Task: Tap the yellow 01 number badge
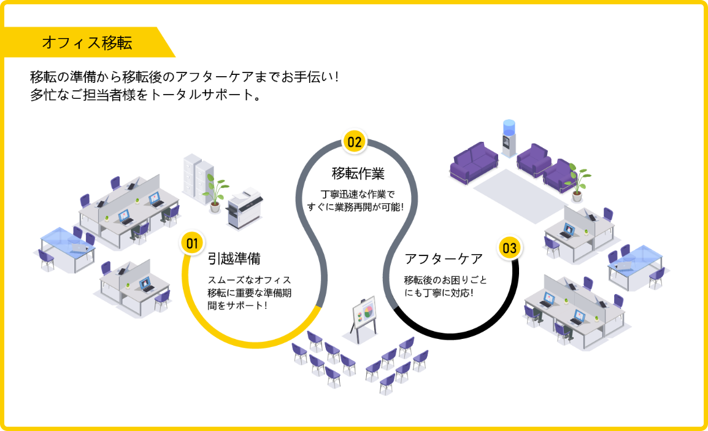point(192,244)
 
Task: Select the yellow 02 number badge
point(355,142)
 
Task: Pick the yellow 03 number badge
point(509,248)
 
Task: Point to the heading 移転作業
point(358,173)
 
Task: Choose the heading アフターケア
point(444,258)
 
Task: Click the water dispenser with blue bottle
point(508,139)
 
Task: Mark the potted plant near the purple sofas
point(577,181)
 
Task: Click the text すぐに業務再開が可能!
point(358,207)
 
